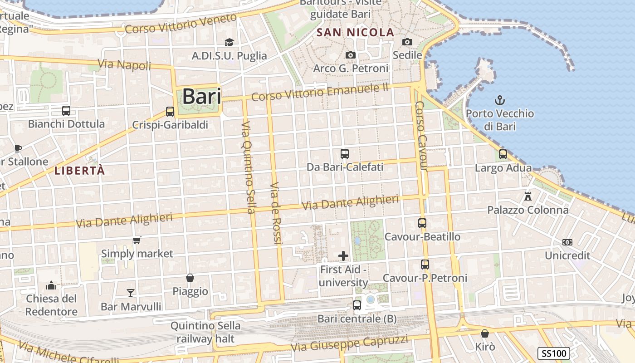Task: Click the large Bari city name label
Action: coord(202,97)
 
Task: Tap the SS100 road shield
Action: coord(554,353)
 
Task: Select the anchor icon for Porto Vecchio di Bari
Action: coord(500,100)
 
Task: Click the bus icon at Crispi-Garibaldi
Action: coord(170,111)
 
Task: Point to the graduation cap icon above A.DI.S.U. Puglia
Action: coord(229,42)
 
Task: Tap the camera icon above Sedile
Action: coord(407,42)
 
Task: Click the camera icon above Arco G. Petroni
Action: coord(350,55)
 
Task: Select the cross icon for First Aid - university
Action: coord(343,256)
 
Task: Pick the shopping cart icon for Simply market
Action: coord(137,240)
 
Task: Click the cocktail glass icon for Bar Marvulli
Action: coord(131,293)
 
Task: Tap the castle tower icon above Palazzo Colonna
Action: coord(528,196)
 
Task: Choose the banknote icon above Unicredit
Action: coord(567,242)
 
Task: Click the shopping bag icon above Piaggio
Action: coord(190,278)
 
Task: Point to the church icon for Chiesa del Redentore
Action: coord(51,285)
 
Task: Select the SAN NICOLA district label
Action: coord(355,33)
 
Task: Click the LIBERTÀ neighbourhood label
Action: coord(79,171)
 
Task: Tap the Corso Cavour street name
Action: coord(421,136)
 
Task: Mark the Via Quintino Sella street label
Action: coord(248,167)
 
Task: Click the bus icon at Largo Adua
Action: coord(503,154)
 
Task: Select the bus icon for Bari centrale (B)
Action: coord(357,305)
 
